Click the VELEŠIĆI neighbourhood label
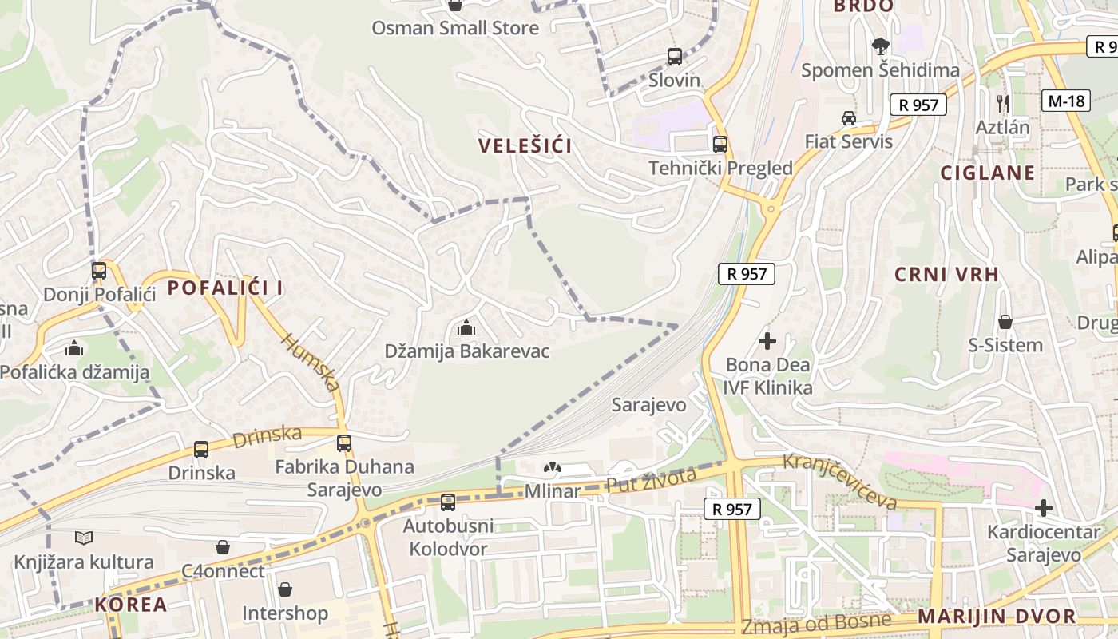click(525, 145)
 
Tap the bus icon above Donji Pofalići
click(99, 271)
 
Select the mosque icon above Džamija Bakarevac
click(466, 327)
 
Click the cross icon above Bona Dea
click(767, 341)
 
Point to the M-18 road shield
click(1066, 101)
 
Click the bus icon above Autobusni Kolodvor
click(448, 502)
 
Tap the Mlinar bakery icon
click(552, 467)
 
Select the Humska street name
click(311, 363)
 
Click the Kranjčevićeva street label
click(840, 482)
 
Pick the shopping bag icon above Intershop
click(285, 589)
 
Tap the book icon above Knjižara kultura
click(84, 538)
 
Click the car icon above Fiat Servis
click(848, 118)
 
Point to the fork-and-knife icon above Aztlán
click(1003, 102)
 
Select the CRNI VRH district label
click(946, 275)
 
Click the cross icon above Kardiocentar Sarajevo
click(1043, 508)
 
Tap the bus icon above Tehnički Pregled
click(720, 145)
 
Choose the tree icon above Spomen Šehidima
click(880, 46)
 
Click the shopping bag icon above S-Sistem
click(1005, 322)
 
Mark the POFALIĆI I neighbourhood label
click(225, 288)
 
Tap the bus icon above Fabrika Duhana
click(344, 443)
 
